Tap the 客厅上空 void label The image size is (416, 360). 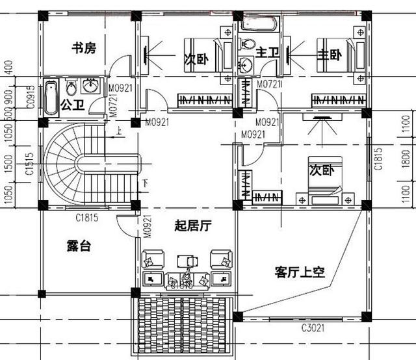(299, 272)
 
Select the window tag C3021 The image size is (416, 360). (313, 329)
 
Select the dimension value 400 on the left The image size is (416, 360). (8, 66)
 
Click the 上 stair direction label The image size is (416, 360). (118, 134)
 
